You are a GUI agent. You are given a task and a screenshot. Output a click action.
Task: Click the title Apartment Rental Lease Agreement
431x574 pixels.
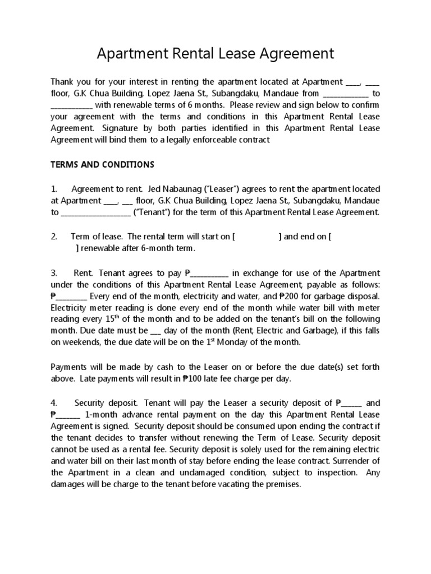[215, 54]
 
